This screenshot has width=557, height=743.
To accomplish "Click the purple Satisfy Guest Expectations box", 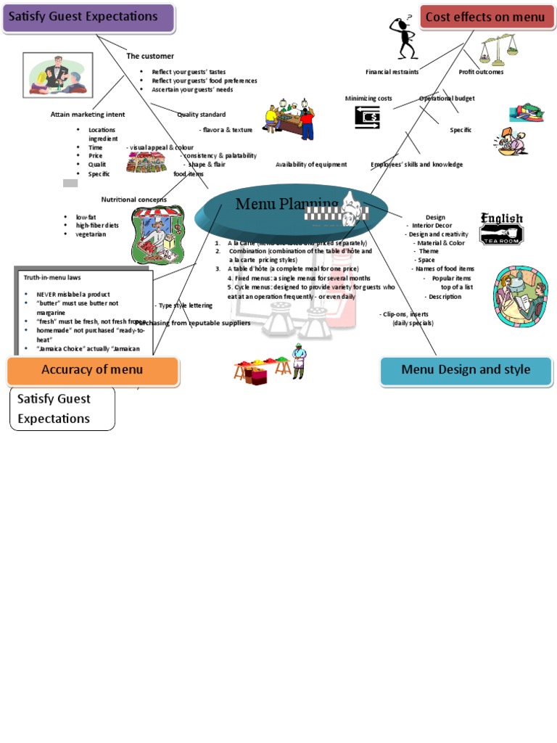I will [x=88, y=17].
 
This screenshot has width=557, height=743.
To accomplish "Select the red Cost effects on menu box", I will [x=485, y=17].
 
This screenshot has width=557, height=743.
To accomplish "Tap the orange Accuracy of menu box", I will [x=92, y=370].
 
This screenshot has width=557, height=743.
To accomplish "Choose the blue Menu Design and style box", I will [x=466, y=370].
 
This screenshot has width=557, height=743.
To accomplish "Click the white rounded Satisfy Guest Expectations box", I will [x=62, y=409].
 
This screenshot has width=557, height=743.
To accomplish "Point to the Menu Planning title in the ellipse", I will [x=286, y=204].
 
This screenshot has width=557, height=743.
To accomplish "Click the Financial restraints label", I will [x=392, y=72].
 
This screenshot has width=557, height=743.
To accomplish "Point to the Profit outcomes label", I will [x=481, y=72].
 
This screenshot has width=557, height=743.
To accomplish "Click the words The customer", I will [x=150, y=56].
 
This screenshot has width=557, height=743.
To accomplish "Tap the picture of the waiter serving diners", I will [x=58, y=75].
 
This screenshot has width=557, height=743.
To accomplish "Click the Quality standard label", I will [x=201, y=115].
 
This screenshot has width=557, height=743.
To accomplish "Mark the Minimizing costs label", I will [x=368, y=98].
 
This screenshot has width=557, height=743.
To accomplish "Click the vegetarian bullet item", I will [x=91, y=234].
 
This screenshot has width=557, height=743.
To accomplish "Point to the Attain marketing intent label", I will [x=88, y=115].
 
